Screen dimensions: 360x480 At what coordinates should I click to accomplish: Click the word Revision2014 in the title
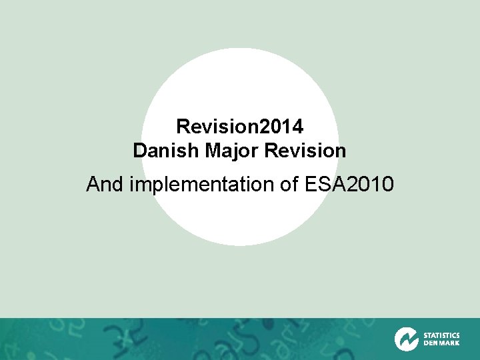pyautogui.click(x=239, y=125)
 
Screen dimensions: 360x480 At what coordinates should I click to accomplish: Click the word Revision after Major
pyautogui.click(x=305, y=151)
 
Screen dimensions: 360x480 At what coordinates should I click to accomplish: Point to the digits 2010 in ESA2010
pyautogui.click(x=373, y=184)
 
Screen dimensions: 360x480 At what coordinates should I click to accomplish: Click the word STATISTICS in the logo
pyautogui.click(x=441, y=335)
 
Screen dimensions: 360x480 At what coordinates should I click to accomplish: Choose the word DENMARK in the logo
pyautogui.click(x=441, y=343)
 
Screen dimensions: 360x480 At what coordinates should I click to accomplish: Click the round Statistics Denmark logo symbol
pyautogui.click(x=406, y=339)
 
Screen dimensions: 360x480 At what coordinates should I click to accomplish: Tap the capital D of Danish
pyautogui.click(x=139, y=151)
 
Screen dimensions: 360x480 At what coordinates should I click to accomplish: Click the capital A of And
pyautogui.click(x=94, y=184)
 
